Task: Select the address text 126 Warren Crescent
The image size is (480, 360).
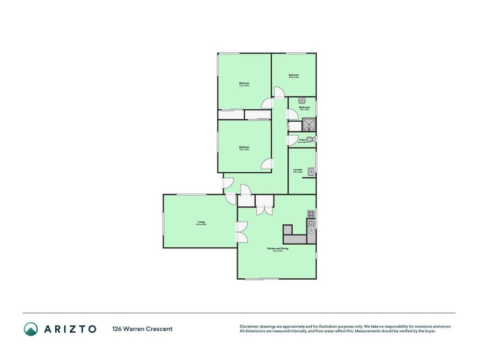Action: tap(142, 329)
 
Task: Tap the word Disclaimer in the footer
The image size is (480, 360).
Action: tap(250, 326)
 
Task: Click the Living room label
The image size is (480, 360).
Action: tap(201, 222)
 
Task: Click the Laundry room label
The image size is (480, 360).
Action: tap(297, 170)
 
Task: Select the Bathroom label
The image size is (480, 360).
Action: tap(304, 107)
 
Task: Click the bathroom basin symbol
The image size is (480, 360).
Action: tap(302, 100)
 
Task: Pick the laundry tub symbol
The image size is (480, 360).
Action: tap(311, 173)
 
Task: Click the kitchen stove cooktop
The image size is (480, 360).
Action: tap(311, 214)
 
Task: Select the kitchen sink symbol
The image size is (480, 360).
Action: tap(311, 226)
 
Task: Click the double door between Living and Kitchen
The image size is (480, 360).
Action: tap(242, 232)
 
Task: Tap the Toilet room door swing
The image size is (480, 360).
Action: tap(292, 140)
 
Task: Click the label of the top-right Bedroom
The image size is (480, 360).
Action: tap(293, 75)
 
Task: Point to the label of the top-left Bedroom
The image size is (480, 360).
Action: tap(244, 83)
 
